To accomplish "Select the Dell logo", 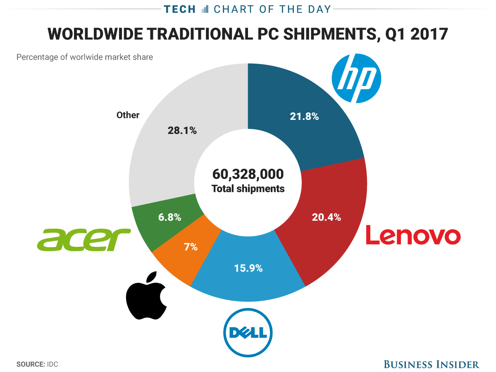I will (248, 332).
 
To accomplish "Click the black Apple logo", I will (146, 295).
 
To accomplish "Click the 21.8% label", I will (304, 117).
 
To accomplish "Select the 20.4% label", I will (326, 217).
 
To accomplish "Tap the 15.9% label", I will (248, 268).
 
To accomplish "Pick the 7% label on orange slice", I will (191, 247).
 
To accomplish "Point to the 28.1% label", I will (182, 131).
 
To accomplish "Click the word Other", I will (128, 115).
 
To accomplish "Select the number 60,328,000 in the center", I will (248, 174).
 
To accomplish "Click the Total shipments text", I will (248, 189).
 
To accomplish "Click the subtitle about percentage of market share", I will (85, 57).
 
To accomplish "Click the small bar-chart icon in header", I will (205, 9).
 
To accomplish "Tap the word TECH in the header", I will (180, 9).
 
